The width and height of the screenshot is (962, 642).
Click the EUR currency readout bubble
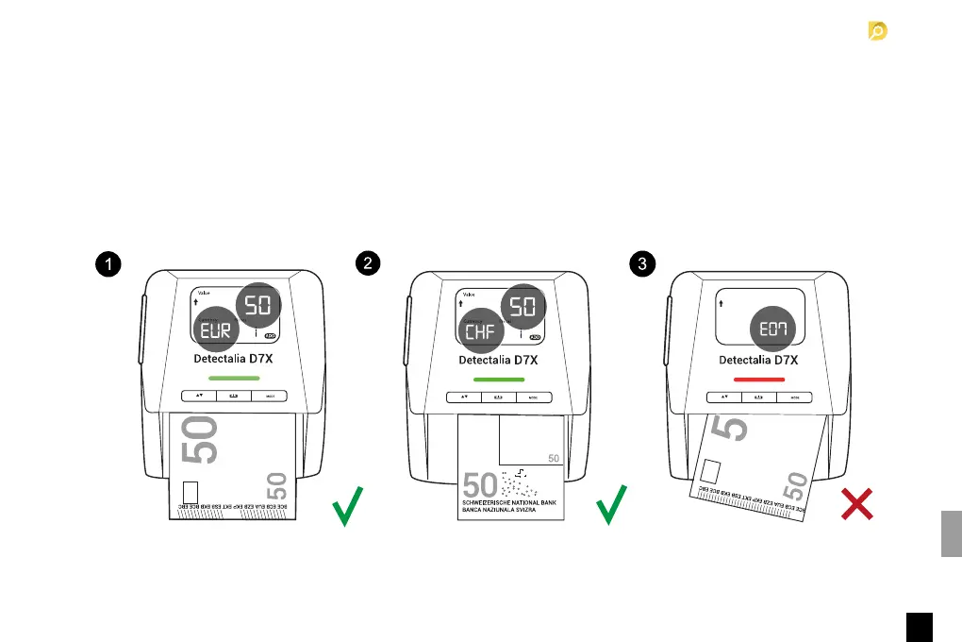pos(216,329)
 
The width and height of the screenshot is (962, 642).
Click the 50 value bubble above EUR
pos(256,304)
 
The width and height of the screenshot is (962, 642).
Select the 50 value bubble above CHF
pos(522,304)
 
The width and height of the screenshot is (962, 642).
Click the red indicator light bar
pos(758,379)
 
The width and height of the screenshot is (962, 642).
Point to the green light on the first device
pos(234,379)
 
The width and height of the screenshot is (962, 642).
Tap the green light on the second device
pos(498,379)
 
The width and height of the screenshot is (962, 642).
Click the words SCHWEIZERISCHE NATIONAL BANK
pos(509,503)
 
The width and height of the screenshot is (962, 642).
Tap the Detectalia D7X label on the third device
pos(758,360)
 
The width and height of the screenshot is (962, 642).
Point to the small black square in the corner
pos(920,627)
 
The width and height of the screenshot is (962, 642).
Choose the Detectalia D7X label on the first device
pos(234,360)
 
